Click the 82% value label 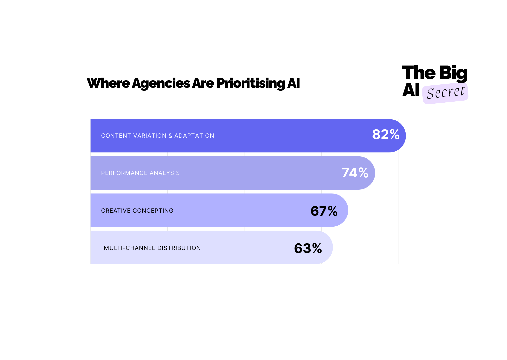tap(386, 135)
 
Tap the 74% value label tap(355, 173)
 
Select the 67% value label tap(324, 211)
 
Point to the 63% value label tap(308, 248)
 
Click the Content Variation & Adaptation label tap(157, 136)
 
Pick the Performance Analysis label tap(140, 173)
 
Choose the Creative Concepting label tap(137, 211)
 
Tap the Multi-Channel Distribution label tap(152, 248)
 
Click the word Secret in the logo tap(445, 93)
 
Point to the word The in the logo tap(419, 73)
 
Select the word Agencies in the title tap(161, 83)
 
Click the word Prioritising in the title tap(250, 83)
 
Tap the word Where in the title tap(108, 83)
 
